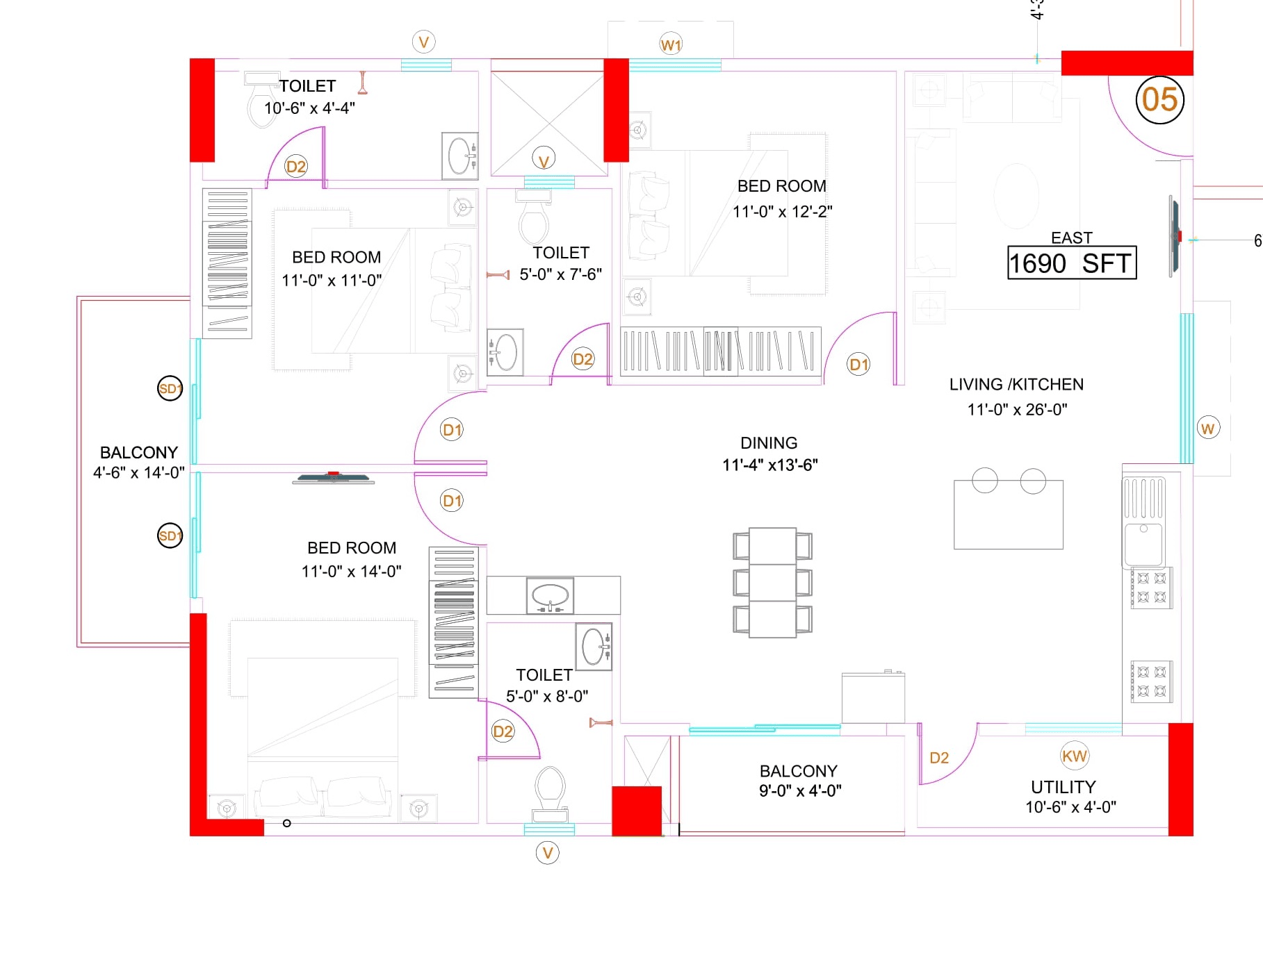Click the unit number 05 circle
click(x=1159, y=100)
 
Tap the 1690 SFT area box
click(x=1071, y=263)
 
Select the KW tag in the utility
click(x=1074, y=756)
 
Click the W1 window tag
click(x=671, y=45)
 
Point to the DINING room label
click(x=769, y=443)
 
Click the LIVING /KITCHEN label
click(x=1016, y=385)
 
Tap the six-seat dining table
click(x=772, y=582)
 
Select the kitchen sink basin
click(x=1144, y=545)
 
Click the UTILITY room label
click(x=1063, y=787)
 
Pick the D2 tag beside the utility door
click(x=939, y=758)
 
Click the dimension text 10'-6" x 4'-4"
click(x=309, y=108)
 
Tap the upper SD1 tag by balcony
click(x=170, y=388)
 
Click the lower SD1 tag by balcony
click(x=170, y=536)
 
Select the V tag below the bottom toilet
click(x=548, y=852)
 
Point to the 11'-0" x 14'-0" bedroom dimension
click(x=351, y=572)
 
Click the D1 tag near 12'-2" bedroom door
click(x=859, y=364)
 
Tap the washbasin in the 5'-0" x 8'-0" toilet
click(x=594, y=647)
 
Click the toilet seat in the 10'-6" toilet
click(x=261, y=104)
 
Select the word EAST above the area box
click(x=1071, y=238)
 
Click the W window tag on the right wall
click(x=1208, y=429)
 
